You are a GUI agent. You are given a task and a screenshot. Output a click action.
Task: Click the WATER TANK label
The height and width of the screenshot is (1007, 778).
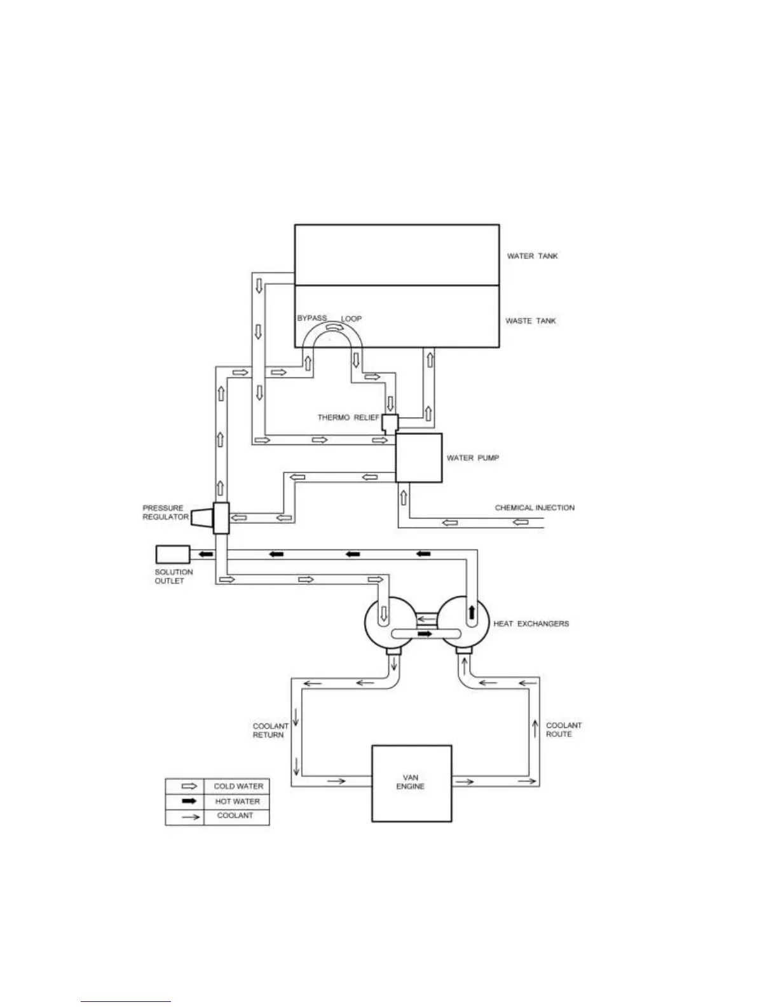532,256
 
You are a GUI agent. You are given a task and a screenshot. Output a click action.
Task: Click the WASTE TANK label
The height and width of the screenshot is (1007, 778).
530,321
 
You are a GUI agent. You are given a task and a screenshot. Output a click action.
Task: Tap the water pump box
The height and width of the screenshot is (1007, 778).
419,458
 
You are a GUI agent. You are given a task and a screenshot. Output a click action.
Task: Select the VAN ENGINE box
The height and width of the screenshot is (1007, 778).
411,783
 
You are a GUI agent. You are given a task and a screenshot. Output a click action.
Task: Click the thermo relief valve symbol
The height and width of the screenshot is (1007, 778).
390,422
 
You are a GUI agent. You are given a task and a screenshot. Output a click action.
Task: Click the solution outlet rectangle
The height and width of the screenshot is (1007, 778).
172,554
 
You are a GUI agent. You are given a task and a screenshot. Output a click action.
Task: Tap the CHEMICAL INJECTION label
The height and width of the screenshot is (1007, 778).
535,508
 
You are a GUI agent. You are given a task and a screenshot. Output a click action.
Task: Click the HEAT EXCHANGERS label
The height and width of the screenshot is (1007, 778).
531,624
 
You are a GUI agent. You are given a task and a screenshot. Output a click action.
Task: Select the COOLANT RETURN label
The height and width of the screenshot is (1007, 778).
270,730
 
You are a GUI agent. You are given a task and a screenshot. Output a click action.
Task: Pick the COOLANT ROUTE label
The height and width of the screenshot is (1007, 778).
563,729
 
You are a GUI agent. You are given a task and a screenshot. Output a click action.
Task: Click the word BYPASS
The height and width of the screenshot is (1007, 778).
312,318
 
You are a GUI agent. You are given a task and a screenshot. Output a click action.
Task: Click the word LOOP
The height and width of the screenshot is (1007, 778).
351,319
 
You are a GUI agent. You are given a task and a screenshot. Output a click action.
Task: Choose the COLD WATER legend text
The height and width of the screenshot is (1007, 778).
238,786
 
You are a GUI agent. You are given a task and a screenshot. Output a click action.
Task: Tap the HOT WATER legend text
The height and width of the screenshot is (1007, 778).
237,802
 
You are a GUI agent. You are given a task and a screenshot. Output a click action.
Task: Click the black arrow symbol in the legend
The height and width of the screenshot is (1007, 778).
189,802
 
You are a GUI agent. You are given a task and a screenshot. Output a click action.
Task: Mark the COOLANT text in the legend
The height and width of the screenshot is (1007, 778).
235,816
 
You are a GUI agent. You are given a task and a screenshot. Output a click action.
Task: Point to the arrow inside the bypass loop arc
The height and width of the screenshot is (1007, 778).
333,327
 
